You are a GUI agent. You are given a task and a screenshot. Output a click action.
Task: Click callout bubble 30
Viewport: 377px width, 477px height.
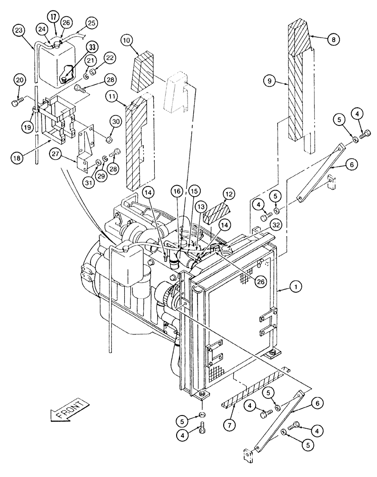pyautogui.click(x=114, y=122)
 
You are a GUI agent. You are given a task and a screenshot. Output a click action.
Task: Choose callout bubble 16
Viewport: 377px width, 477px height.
pyautogui.click(x=177, y=190)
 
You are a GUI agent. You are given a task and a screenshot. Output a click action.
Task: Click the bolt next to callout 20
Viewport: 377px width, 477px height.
pyautogui.click(x=19, y=102)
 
